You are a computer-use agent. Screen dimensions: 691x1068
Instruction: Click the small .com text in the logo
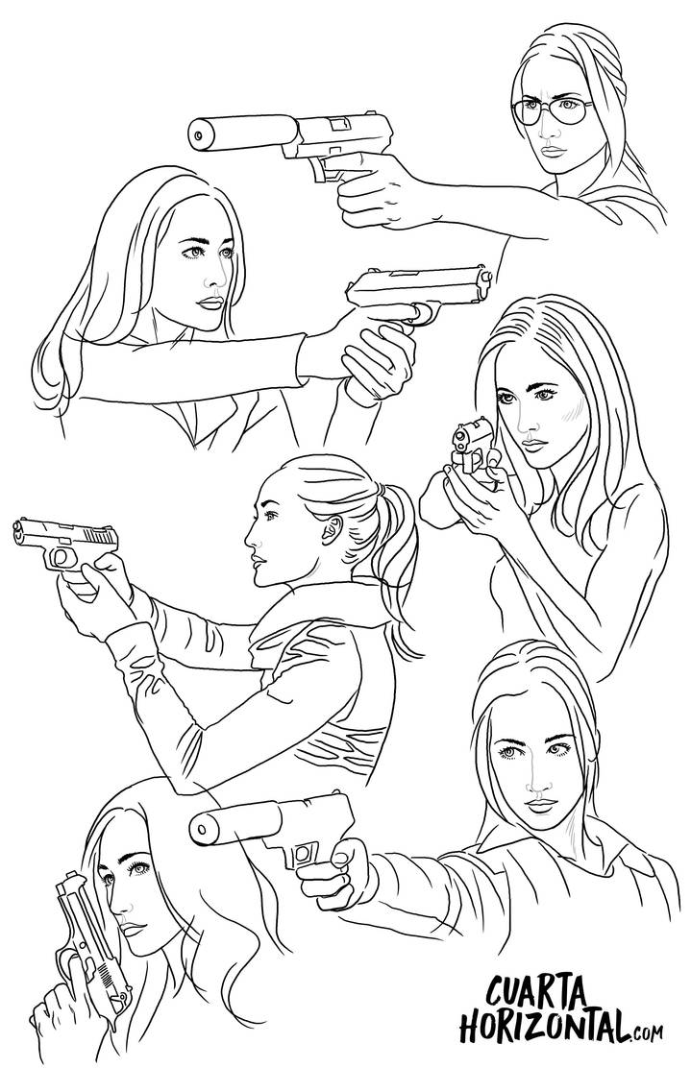647,1034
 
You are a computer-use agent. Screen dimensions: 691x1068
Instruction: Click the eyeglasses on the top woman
552,109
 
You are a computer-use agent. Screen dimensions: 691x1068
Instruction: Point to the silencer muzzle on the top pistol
199,134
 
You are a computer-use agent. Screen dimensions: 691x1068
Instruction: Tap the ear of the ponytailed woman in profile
333,529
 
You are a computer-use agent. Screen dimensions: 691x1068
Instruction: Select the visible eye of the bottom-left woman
140,868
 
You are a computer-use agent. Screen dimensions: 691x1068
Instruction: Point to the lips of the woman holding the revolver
535,444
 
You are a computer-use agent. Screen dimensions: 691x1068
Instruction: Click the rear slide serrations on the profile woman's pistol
102,535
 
